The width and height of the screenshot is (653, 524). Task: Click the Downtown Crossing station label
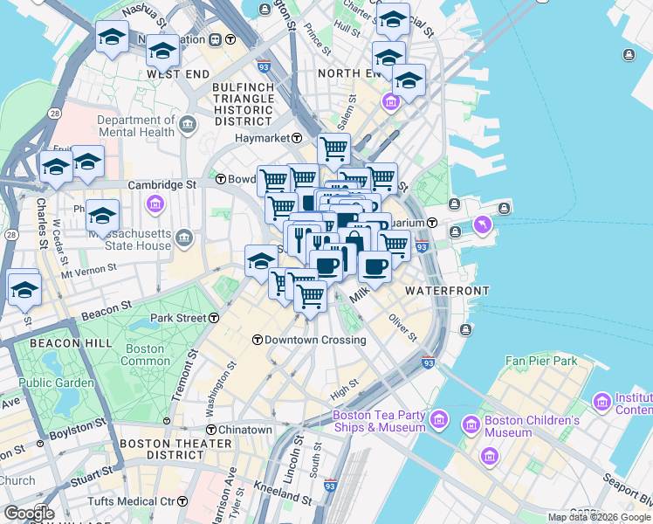[x=302, y=339]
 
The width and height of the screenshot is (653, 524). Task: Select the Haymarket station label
[x=265, y=138]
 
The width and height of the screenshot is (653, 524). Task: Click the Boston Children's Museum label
[x=532, y=426]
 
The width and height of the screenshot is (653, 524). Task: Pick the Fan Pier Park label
[x=541, y=360]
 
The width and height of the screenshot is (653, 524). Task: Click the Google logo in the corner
[x=28, y=513]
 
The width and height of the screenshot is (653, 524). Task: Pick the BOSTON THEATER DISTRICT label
[x=162, y=449]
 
